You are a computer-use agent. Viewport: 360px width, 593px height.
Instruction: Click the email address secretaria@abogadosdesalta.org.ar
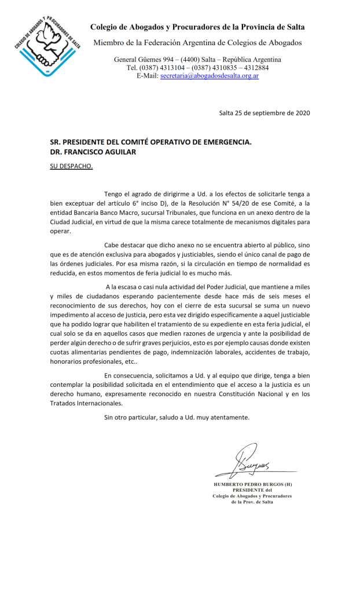(x=210, y=75)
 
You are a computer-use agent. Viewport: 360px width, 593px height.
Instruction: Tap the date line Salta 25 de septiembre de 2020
(x=265, y=112)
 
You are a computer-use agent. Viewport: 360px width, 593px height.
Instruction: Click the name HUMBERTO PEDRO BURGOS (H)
(x=252, y=484)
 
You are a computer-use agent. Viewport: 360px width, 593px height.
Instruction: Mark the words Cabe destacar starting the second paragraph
(x=124, y=246)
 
